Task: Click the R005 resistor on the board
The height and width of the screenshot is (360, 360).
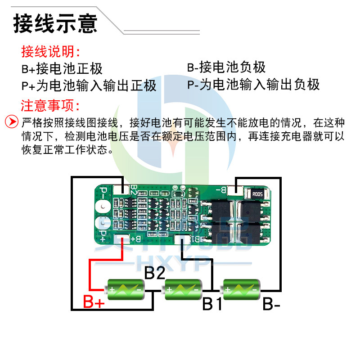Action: (257, 194)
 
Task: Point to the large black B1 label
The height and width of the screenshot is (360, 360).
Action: (212, 304)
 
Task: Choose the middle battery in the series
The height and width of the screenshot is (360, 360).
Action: (183, 289)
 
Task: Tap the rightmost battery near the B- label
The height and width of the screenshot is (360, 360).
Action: (241, 289)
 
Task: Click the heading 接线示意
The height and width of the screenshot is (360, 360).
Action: (55, 23)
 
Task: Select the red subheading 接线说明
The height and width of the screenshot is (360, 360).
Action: (51, 52)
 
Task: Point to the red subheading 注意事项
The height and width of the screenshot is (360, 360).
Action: (51, 106)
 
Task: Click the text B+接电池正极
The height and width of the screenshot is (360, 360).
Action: (62, 69)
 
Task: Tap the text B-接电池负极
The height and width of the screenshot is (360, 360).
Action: (226, 67)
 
